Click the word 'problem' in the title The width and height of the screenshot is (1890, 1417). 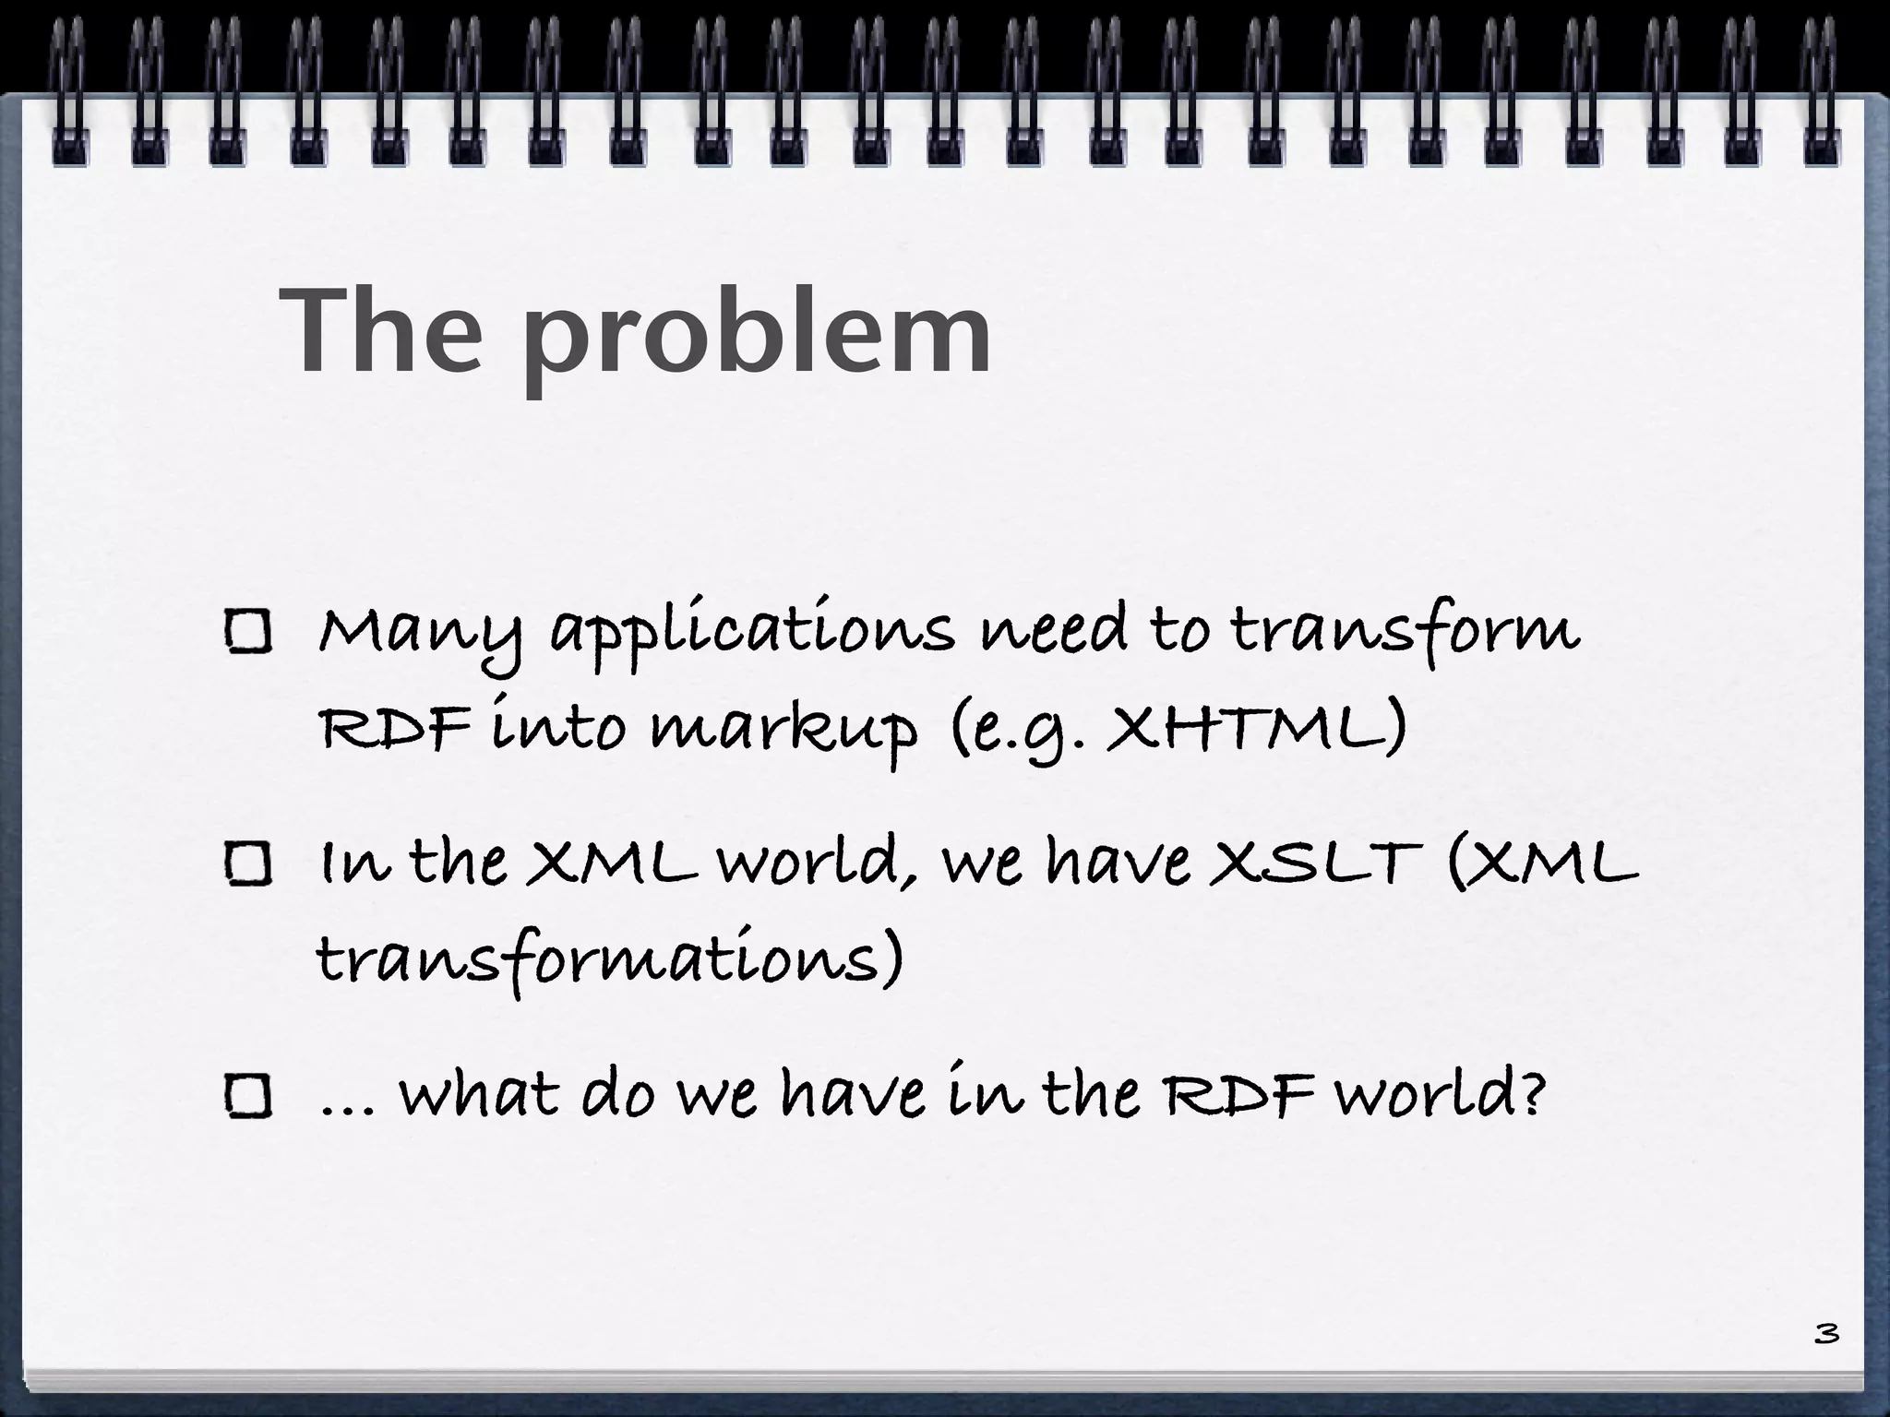(757, 332)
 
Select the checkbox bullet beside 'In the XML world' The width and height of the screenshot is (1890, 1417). (248, 864)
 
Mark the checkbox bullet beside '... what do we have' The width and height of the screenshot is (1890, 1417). (248, 1097)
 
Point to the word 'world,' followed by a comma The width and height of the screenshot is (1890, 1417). (821, 863)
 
